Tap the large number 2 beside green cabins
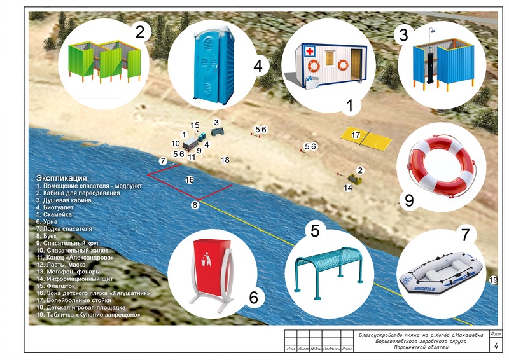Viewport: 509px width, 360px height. (x=141, y=31)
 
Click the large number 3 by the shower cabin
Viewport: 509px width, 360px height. (x=403, y=35)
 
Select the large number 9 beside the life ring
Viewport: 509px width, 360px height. (x=409, y=200)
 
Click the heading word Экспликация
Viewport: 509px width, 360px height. (x=63, y=177)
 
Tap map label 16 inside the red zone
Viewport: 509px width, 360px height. (x=189, y=180)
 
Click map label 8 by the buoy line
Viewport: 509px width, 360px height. (x=195, y=205)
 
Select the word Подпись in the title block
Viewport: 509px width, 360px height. (x=332, y=349)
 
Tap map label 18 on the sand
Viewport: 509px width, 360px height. (x=225, y=160)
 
